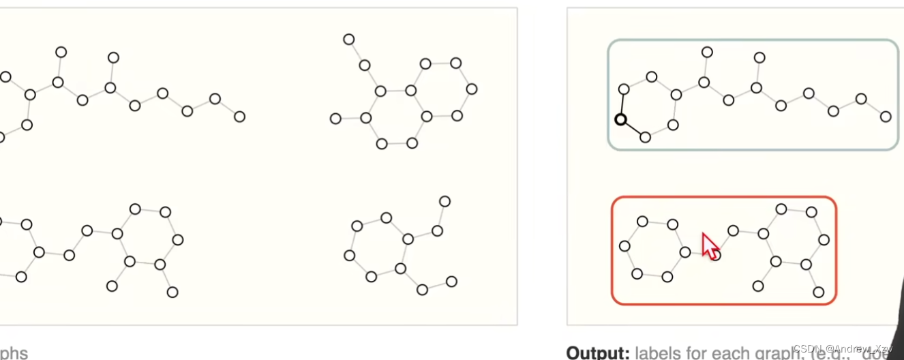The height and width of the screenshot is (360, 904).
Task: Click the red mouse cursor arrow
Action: (710, 246)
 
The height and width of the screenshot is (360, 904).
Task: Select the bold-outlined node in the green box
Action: (620, 119)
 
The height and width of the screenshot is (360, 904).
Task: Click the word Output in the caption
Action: (598, 352)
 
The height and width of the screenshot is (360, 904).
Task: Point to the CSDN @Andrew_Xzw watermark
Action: (843, 348)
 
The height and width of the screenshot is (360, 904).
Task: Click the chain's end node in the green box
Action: (886, 117)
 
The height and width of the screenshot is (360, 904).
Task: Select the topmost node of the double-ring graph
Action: (349, 40)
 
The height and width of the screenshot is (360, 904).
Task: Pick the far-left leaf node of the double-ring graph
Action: (335, 119)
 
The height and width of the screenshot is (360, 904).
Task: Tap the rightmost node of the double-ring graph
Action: (472, 89)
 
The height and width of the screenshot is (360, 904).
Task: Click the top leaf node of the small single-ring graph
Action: (445, 201)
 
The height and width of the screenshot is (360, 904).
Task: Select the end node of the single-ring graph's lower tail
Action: (451, 281)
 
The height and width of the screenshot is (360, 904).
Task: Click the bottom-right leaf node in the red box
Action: (819, 292)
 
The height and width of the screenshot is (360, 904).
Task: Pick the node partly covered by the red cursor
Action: (715, 255)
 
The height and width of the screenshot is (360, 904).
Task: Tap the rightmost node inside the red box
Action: (824, 239)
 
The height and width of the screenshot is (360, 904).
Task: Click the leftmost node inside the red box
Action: (624, 245)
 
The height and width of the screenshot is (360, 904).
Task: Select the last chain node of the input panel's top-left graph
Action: (239, 117)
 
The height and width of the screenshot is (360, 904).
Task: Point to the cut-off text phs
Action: (14, 352)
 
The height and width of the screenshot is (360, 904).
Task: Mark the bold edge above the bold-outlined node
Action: (622, 104)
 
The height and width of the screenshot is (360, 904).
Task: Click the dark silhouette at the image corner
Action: (899, 320)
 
